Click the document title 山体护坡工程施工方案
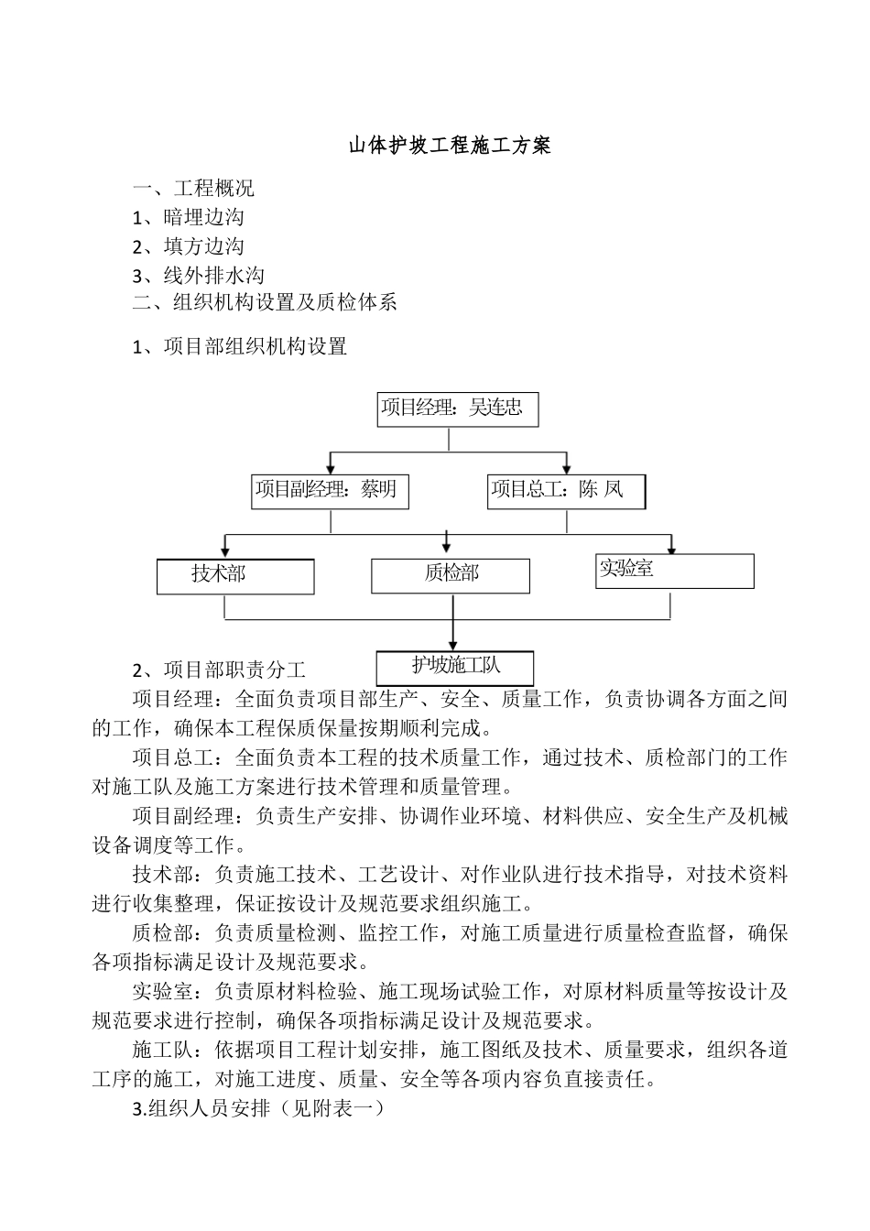(x=450, y=146)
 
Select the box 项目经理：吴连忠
(x=458, y=409)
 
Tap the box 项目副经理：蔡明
(x=330, y=491)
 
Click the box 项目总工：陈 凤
(x=566, y=491)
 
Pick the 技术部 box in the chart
(x=235, y=576)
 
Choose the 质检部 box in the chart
(x=451, y=575)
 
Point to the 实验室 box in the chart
(x=675, y=570)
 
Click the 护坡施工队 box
(x=455, y=667)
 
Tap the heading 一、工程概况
(x=193, y=189)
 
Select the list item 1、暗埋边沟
(x=188, y=217)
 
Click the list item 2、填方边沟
(x=188, y=246)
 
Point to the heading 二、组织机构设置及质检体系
(x=265, y=302)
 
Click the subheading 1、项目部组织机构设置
(x=239, y=346)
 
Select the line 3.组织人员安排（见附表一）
(x=257, y=1108)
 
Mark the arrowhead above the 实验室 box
(x=671, y=550)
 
